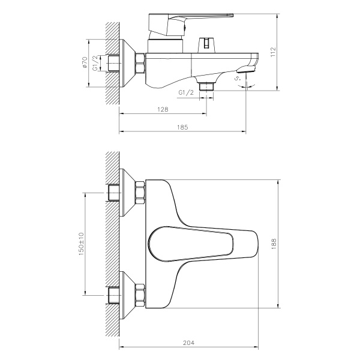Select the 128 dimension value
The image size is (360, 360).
click(162, 109)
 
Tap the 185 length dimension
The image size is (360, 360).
click(183, 127)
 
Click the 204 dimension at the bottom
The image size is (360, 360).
click(189, 343)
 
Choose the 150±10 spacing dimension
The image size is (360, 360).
click(82, 244)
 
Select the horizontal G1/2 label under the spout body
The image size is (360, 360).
click(187, 92)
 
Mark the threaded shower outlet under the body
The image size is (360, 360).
click(207, 86)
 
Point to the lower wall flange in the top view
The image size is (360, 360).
click(128, 295)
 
